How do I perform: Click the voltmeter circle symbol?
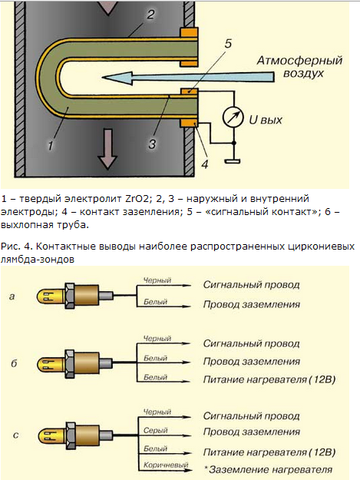coord(233,118)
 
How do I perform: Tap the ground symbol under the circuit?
coord(232,161)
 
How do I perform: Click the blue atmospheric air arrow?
coord(187,78)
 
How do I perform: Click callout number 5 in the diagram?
coord(228,44)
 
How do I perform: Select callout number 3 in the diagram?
coord(152,144)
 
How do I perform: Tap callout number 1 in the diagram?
coord(51,145)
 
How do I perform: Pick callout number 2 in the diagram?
coord(150,15)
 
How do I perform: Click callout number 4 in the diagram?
coord(205,164)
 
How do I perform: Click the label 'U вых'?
coord(265,120)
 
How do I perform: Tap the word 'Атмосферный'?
coord(299,61)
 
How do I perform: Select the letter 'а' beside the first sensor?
coord(12,296)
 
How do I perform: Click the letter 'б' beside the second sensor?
coord(14,363)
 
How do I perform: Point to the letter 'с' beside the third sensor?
coord(16,435)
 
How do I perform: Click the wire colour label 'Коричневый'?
coord(166,465)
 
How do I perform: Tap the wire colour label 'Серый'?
coord(155,430)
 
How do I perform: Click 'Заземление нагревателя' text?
coord(270,469)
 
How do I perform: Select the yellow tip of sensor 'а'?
coord(45,297)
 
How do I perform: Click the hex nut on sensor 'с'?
coord(71,435)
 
